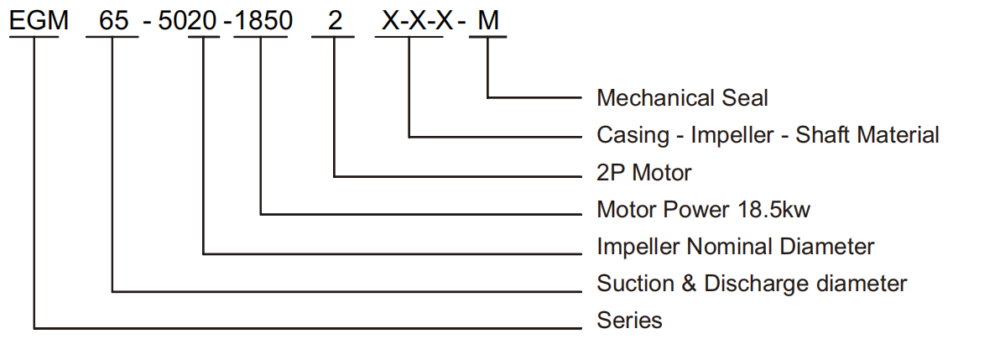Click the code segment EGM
pos(39,22)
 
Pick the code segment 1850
pos(263,22)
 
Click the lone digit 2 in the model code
pos(336,22)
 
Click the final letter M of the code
pos(488,22)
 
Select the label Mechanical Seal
pos(682,98)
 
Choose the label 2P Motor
pos(643,173)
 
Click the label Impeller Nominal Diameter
pos(735,247)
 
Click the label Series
pos(629,321)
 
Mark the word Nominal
pos(735,247)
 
